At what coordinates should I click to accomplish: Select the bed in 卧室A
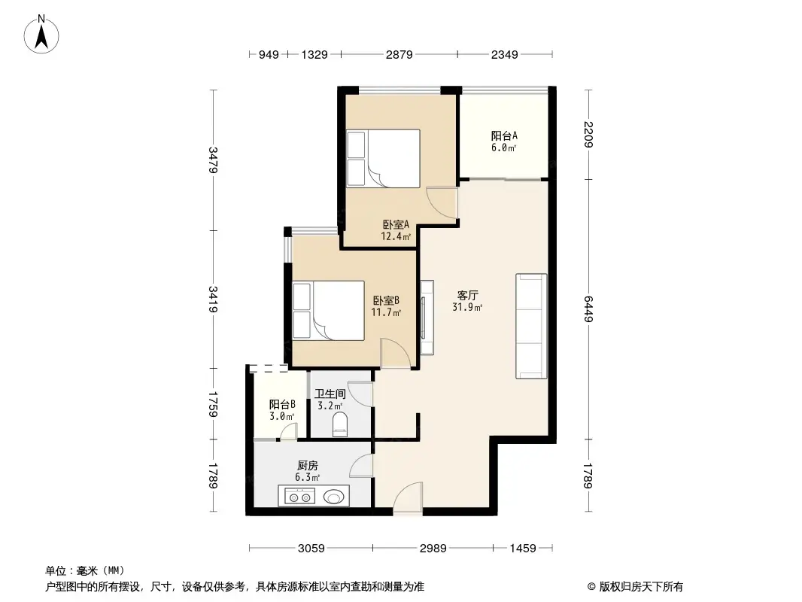click(383, 158)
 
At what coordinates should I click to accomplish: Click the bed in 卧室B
click(328, 309)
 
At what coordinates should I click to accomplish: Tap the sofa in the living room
click(530, 326)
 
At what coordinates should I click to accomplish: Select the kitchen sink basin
click(335, 496)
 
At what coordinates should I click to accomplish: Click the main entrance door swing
click(409, 498)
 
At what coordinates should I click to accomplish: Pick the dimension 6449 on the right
click(588, 309)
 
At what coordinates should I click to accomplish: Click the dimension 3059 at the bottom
click(310, 549)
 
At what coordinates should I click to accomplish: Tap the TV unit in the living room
click(427, 317)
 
